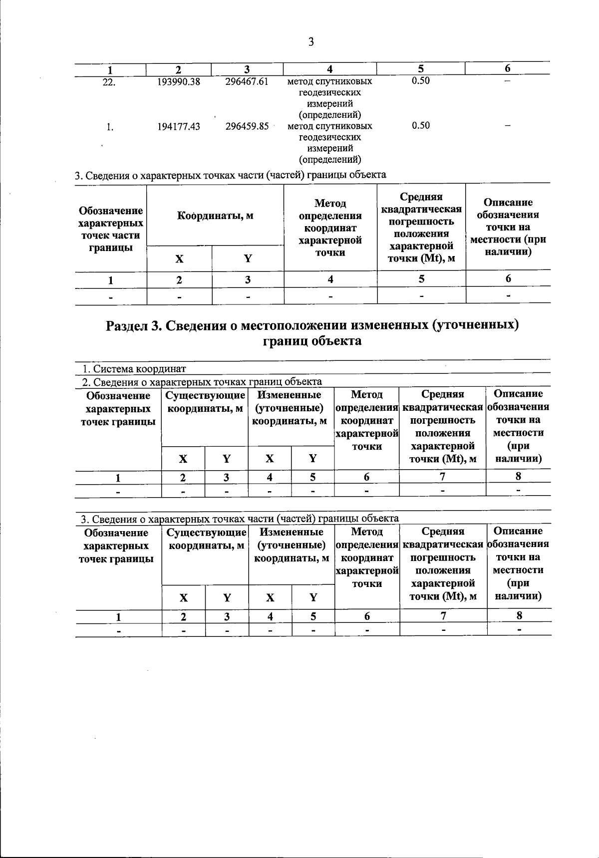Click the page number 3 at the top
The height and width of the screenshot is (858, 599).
point(310,42)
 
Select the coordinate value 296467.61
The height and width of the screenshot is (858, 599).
point(247,81)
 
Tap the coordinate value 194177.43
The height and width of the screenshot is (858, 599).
point(179,127)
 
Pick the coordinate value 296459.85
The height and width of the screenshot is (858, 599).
point(247,126)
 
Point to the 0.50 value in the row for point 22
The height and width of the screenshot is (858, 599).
point(421,81)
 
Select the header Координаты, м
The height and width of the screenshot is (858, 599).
point(215,216)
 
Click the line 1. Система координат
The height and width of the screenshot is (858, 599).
point(134,369)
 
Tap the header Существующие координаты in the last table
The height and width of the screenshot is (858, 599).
point(206,539)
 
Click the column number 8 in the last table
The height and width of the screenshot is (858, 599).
point(519,615)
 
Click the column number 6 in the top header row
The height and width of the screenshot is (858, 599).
point(508,69)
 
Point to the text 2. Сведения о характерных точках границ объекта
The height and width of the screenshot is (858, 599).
point(202,382)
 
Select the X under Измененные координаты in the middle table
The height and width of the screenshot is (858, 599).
point(270,459)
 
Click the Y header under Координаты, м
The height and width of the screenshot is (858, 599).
point(248,259)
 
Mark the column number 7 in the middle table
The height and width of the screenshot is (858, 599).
point(442,477)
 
